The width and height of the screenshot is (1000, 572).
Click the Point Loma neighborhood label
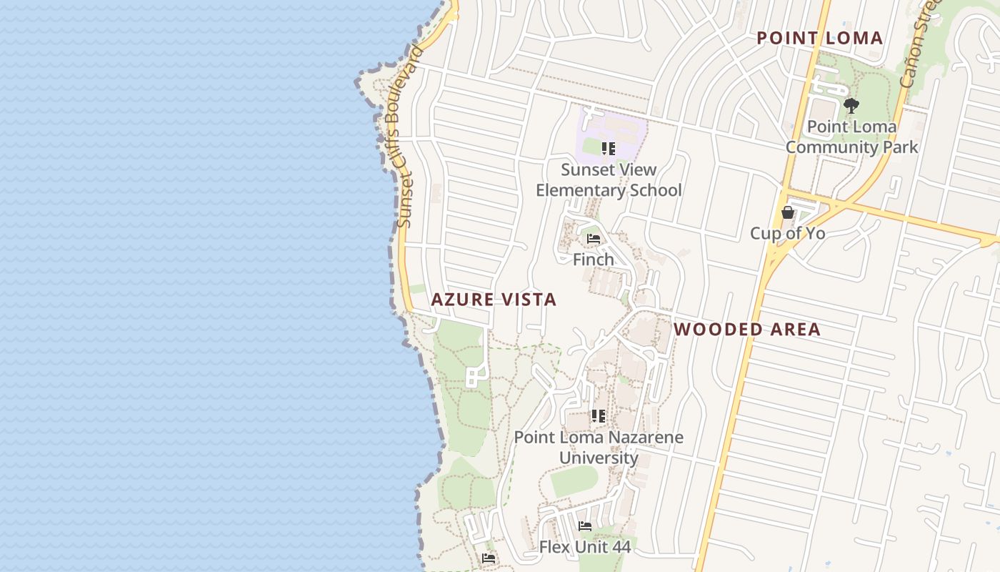tap(819, 38)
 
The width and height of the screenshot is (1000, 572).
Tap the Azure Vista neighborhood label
tap(494, 300)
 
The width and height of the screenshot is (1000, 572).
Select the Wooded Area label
tap(747, 330)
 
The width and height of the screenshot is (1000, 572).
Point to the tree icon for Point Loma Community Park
tap(851, 106)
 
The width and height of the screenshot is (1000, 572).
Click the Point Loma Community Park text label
tap(851, 137)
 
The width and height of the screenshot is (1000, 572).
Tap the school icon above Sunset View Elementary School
tap(609, 149)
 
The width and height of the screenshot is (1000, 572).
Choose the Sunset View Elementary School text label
tap(609, 180)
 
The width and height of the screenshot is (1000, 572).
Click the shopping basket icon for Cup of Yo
tap(787, 212)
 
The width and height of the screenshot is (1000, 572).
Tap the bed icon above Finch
tap(594, 239)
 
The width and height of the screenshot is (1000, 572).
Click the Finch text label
tap(594, 260)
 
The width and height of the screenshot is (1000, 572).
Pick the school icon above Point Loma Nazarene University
tap(599, 415)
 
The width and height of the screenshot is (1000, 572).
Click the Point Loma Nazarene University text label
tap(599, 448)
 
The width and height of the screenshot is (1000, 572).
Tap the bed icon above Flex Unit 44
tap(585, 526)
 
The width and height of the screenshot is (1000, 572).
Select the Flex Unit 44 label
tap(585, 548)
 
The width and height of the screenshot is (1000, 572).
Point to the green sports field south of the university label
tap(574, 481)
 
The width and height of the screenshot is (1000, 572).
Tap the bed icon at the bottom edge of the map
tap(489, 558)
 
